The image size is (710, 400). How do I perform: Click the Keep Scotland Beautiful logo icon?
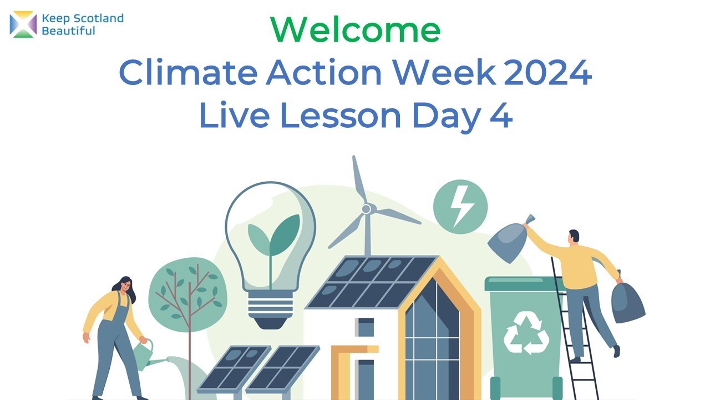[x=23, y=25]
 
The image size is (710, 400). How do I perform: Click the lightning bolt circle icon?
[x=460, y=207]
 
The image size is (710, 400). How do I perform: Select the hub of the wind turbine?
[x=366, y=209]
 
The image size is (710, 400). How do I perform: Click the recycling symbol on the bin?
[x=526, y=333]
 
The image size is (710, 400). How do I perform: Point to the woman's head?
[x=126, y=286]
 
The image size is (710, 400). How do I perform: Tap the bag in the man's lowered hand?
[x=627, y=302]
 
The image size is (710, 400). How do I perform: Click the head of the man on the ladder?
[x=574, y=236]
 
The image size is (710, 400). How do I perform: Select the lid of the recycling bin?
[x=524, y=284]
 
